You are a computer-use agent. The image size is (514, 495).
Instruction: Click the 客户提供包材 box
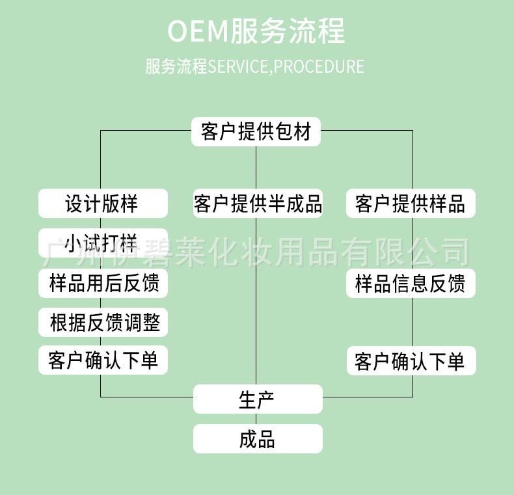(256, 131)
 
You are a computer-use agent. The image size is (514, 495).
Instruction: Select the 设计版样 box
(103, 203)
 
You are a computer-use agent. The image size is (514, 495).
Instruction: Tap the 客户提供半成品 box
(258, 203)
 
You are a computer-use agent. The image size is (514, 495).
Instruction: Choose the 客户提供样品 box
(411, 203)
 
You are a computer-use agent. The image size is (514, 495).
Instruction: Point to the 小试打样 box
(103, 243)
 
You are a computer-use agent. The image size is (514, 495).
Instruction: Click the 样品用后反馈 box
(103, 283)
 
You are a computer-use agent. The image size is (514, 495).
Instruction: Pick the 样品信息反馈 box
(411, 283)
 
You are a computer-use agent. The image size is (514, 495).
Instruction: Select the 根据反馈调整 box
(103, 322)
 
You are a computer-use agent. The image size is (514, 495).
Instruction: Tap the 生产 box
(258, 399)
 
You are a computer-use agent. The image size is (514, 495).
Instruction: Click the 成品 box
(258, 438)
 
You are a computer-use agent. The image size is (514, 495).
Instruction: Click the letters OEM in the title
(197, 31)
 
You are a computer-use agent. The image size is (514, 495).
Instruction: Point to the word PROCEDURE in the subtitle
(319, 66)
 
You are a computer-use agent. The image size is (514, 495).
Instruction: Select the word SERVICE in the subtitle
(237, 66)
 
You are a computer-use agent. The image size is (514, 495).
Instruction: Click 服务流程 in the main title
(288, 31)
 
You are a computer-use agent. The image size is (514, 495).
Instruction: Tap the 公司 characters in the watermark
(440, 252)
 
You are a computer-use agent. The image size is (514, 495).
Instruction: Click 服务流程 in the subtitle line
(176, 66)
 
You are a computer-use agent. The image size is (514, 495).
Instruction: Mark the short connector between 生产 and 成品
(256, 419)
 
